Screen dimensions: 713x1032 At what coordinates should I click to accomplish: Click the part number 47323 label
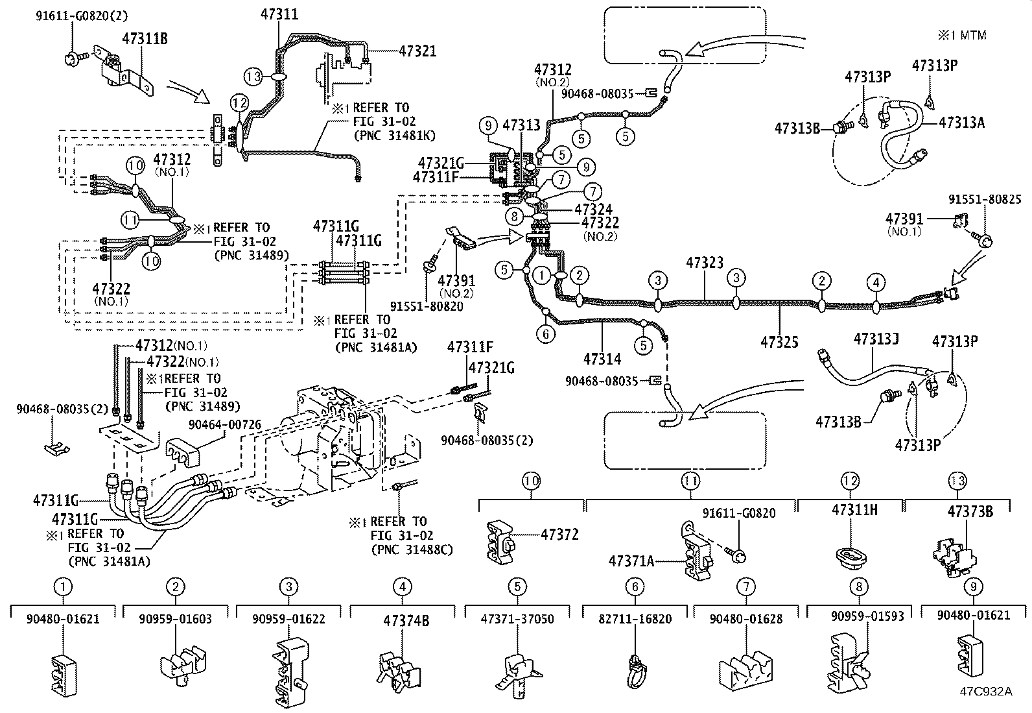click(705, 263)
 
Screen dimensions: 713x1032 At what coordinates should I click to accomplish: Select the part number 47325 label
click(779, 342)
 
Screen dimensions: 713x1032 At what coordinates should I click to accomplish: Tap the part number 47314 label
click(602, 359)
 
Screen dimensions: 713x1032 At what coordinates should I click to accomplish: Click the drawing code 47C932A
click(986, 691)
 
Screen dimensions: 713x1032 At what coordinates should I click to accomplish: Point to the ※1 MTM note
click(962, 35)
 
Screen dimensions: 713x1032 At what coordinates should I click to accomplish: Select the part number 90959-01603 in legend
click(175, 619)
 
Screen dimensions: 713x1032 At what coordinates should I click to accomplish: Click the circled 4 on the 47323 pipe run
click(876, 282)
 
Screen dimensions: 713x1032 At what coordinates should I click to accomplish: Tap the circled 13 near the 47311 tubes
click(254, 77)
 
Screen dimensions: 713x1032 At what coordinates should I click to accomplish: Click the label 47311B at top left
click(145, 39)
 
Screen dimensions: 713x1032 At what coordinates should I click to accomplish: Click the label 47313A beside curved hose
click(961, 122)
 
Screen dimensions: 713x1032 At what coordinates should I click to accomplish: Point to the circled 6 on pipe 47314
click(546, 333)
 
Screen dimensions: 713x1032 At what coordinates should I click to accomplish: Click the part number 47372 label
click(559, 535)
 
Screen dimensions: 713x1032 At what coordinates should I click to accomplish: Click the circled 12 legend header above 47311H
click(850, 481)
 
